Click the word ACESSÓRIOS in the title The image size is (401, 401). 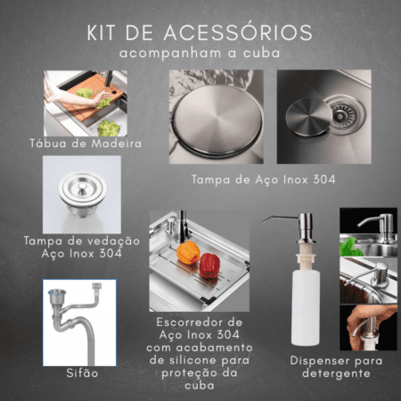pyautogui.click(x=238, y=32)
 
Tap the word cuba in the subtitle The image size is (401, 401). pyautogui.click(x=262, y=53)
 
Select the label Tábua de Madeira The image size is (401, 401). pyautogui.click(x=86, y=143)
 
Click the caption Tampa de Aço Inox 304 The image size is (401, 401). pyautogui.click(x=264, y=179)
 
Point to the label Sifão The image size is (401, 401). pyautogui.click(x=82, y=372)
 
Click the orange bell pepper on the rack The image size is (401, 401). pyautogui.click(x=188, y=252)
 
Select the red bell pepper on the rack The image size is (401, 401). pyautogui.click(x=209, y=266)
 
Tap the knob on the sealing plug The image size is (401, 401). pyautogui.click(x=82, y=188)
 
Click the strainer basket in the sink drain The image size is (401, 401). pyautogui.click(x=344, y=114)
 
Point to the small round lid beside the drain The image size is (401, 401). pyautogui.click(x=309, y=117)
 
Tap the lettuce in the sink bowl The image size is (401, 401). pyautogui.click(x=109, y=128)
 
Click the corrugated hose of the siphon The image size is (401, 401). pyautogui.click(x=88, y=341)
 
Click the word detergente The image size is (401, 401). pyautogui.click(x=336, y=373)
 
